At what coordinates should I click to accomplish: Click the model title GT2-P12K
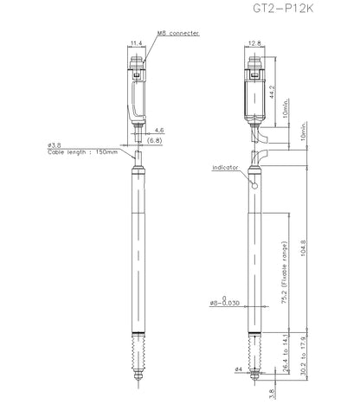[x=283, y=9]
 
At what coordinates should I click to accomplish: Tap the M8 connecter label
[x=178, y=33]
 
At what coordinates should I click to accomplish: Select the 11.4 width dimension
[x=137, y=43]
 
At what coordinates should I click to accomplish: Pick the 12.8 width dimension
[x=254, y=43]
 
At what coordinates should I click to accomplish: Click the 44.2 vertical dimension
[x=272, y=92]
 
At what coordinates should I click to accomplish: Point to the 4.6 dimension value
[x=159, y=131]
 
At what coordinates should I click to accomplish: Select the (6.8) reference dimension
[x=154, y=141]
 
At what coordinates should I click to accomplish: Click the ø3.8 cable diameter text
[x=55, y=145]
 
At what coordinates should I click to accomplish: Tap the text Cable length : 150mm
[x=83, y=152]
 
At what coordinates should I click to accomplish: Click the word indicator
[x=225, y=168]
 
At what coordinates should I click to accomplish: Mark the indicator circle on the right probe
[x=254, y=186]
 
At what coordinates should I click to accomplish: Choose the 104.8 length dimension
[x=304, y=249]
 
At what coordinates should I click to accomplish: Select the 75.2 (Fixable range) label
[x=285, y=273]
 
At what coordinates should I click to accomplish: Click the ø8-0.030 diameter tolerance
[x=225, y=301]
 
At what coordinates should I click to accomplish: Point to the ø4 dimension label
[x=238, y=369]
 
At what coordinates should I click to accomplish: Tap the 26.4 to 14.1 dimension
[x=285, y=353]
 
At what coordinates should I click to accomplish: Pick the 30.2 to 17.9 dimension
[x=303, y=356]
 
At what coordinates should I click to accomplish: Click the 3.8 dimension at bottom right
[x=272, y=394]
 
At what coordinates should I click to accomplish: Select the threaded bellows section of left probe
[x=138, y=352]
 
